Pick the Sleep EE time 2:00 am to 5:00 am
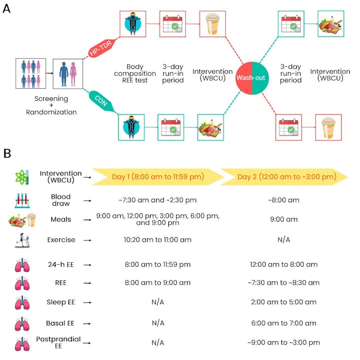point(283,302)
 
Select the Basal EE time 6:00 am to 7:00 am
point(283,323)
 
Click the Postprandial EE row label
point(58,343)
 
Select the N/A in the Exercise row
point(283,240)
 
